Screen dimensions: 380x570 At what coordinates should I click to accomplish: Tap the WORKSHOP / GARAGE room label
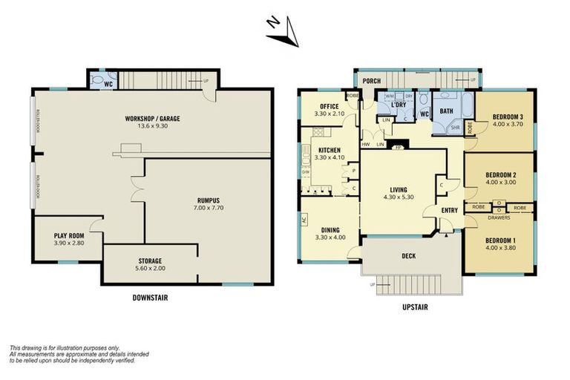pyautogui.click(x=154, y=119)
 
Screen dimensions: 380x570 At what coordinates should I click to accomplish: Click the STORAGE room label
pyautogui.click(x=151, y=261)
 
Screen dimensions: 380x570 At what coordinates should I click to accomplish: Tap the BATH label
pyautogui.click(x=446, y=111)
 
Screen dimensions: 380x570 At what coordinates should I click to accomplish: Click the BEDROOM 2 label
pyautogui.click(x=502, y=174)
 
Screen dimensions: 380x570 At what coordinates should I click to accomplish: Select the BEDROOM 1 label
pyautogui.click(x=502, y=241)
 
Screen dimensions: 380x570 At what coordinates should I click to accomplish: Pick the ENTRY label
pyautogui.click(x=450, y=210)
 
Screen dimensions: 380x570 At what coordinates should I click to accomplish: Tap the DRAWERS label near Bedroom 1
pyautogui.click(x=500, y=217)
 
